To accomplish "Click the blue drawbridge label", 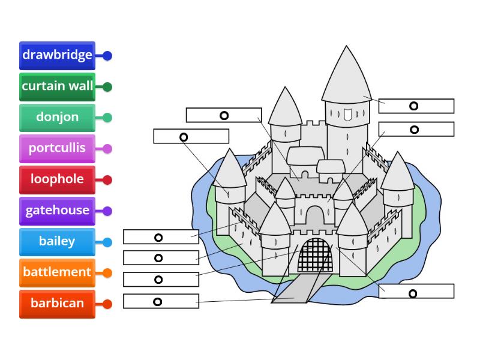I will click(57, 55).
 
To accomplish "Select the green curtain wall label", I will click(57, 86).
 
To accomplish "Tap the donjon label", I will click(57, 117).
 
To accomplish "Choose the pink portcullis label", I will click(57, 148).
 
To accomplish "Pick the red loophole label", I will click(57, 179).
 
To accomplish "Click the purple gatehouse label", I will click(57, 211).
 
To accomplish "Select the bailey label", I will click(57, 242).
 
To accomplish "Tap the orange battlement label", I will click(57, 272).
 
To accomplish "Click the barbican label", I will click(57, 304).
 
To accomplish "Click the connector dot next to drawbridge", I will click(107, 56).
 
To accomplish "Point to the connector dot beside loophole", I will click(107, 180).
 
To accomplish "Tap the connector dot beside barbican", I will click(107, 304).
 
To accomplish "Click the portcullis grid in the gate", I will click(316, 257).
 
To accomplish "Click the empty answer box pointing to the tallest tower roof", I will click(416, 106).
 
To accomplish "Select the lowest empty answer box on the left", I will click(161, 301).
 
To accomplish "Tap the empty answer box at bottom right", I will click(416, 291).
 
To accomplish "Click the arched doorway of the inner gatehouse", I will click(314, 215).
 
